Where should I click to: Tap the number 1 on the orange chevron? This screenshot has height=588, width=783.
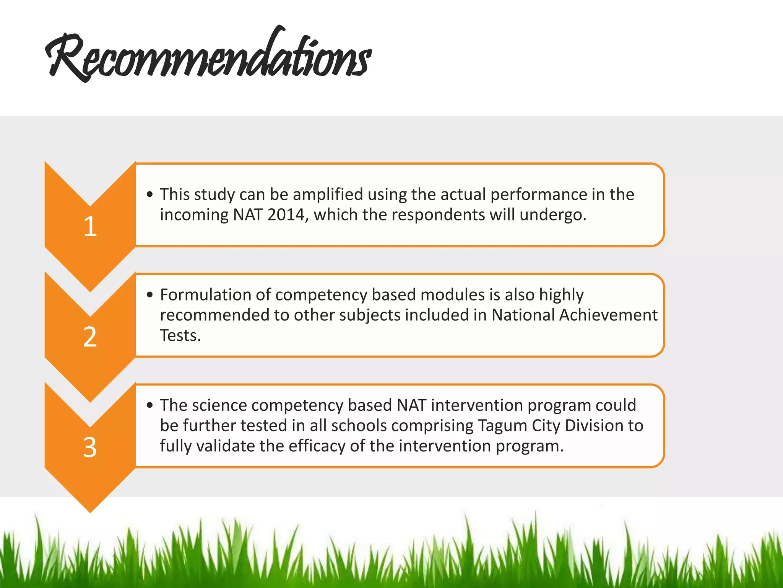click(x=90, y=226)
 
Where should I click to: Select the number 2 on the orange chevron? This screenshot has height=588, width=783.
click(x=90, y=337)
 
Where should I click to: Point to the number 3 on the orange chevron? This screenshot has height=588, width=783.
click(x=90, y=447)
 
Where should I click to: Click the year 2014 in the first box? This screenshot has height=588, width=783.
click(x=286, y=215)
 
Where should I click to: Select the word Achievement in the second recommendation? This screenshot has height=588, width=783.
click(x=608, y=315)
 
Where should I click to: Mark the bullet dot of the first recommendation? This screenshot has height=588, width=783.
click(x=150, y=194)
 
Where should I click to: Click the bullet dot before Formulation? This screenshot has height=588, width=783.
click(x=150, y=295)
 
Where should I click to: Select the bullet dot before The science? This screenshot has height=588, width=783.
click(x=150, y=405)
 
